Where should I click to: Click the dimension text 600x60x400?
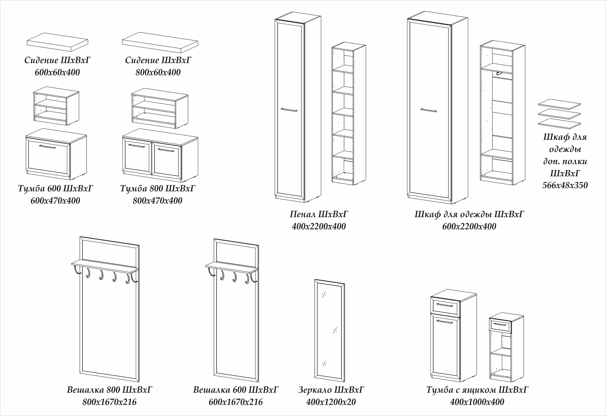click(57, 72)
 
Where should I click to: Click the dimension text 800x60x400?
click(158, 72)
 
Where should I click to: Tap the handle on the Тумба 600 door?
click(47, 147)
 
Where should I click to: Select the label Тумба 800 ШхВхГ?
click(158, 188)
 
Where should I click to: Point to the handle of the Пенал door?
click(289, 110)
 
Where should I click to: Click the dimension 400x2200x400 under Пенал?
click(319, 226)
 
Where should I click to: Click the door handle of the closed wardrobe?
click(429, 110)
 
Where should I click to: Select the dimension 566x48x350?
click(565, 186)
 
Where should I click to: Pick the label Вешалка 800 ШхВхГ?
click(110, 390)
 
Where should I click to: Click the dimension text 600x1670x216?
click(236, 402)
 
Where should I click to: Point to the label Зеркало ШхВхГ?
click(331, 390)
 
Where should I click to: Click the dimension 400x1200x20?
click(331, 402)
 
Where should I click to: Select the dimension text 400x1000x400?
click(477, 402)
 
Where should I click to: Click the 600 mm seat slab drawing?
click(57, 41)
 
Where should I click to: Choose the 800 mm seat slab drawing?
click(160, 41)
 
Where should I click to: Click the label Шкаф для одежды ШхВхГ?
click(469, 214)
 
